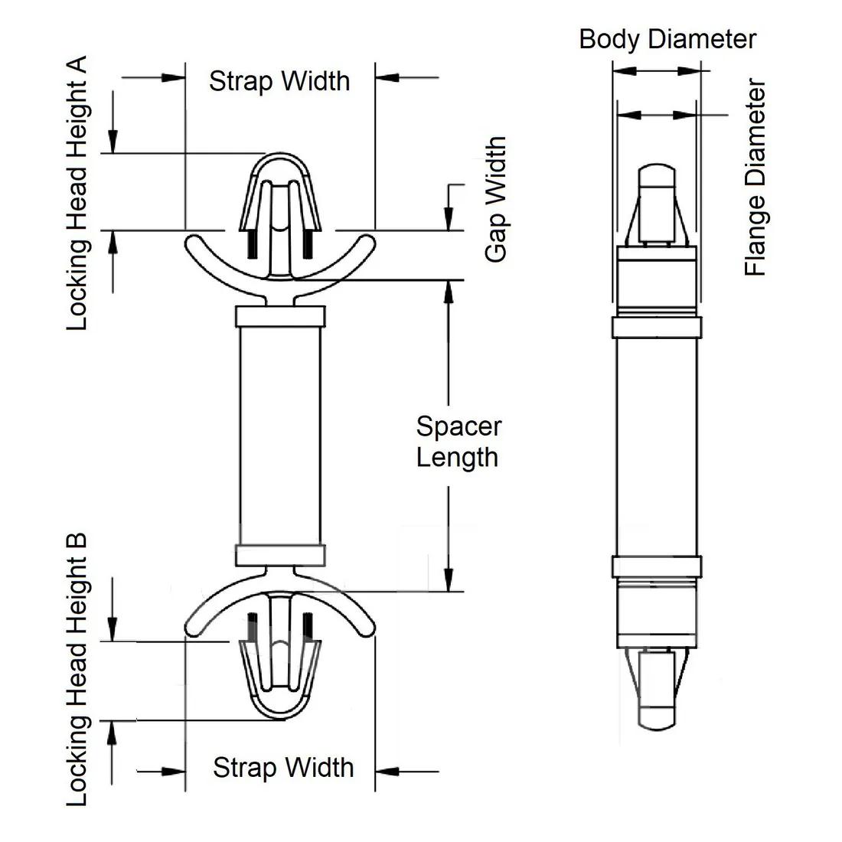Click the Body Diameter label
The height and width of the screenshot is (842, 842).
[x=667, y=39]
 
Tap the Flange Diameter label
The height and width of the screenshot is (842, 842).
[x=756, y=177]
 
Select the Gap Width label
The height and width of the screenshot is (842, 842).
[x=496, y=200]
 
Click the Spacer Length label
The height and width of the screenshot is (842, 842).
[x=458, y=442]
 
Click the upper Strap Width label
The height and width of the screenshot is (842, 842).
[x=279, y=80]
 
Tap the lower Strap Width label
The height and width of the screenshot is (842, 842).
[x=283, y=767]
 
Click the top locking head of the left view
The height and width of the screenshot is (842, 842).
[x=279, y=195]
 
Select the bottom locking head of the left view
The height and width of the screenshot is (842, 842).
[x=279, y=677]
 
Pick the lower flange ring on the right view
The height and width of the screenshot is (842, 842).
[x=656, y=565]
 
